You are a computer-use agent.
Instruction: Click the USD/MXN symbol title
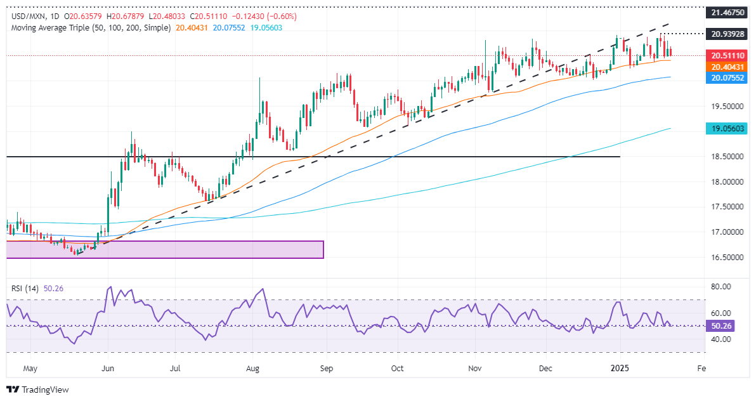[x=25, y=16]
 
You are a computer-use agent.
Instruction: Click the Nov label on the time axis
[x=474, y=368]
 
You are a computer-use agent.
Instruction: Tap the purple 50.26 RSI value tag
[x=720, y=326]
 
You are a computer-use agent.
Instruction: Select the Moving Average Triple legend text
[x=89, y=29]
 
